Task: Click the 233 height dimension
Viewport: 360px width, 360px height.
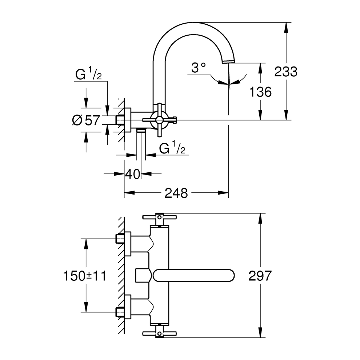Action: click(x=285, y=72)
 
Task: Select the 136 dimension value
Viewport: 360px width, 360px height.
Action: click(x=260, y=92)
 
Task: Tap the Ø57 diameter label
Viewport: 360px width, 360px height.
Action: click(x=86, y=120)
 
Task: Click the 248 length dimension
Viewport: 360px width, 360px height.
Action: click(x=176, y=193)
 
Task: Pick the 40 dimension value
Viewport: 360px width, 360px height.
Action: click(x=132, y=174)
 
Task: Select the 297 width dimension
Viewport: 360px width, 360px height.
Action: click(x=260, y=276)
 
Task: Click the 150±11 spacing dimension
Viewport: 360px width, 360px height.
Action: click(x=84, y=276)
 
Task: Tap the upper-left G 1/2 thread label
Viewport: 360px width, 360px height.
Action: click(x=88, y=75)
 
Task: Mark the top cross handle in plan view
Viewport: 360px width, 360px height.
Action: click(x=159, y=218)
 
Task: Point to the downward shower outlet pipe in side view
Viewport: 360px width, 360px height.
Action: click(x=141, y=144)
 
